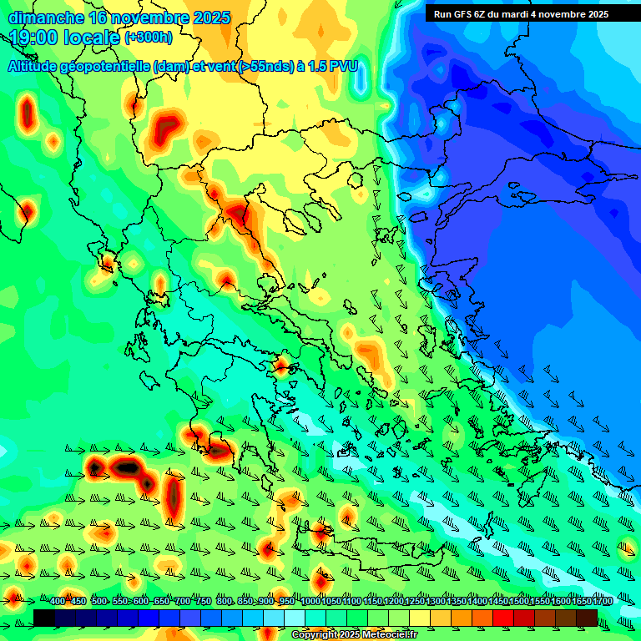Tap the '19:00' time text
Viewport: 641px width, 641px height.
pos(33,38)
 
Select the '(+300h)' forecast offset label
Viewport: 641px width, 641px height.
pos(149,38)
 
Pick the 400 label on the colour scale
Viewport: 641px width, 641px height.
pos(58,602)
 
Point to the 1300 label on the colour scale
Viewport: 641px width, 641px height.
pos(435,602)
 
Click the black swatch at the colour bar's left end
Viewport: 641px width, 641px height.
pos(44,618)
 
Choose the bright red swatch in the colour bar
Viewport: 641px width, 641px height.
pos(503,618)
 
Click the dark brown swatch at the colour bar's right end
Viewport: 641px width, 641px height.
pos(587,618)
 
